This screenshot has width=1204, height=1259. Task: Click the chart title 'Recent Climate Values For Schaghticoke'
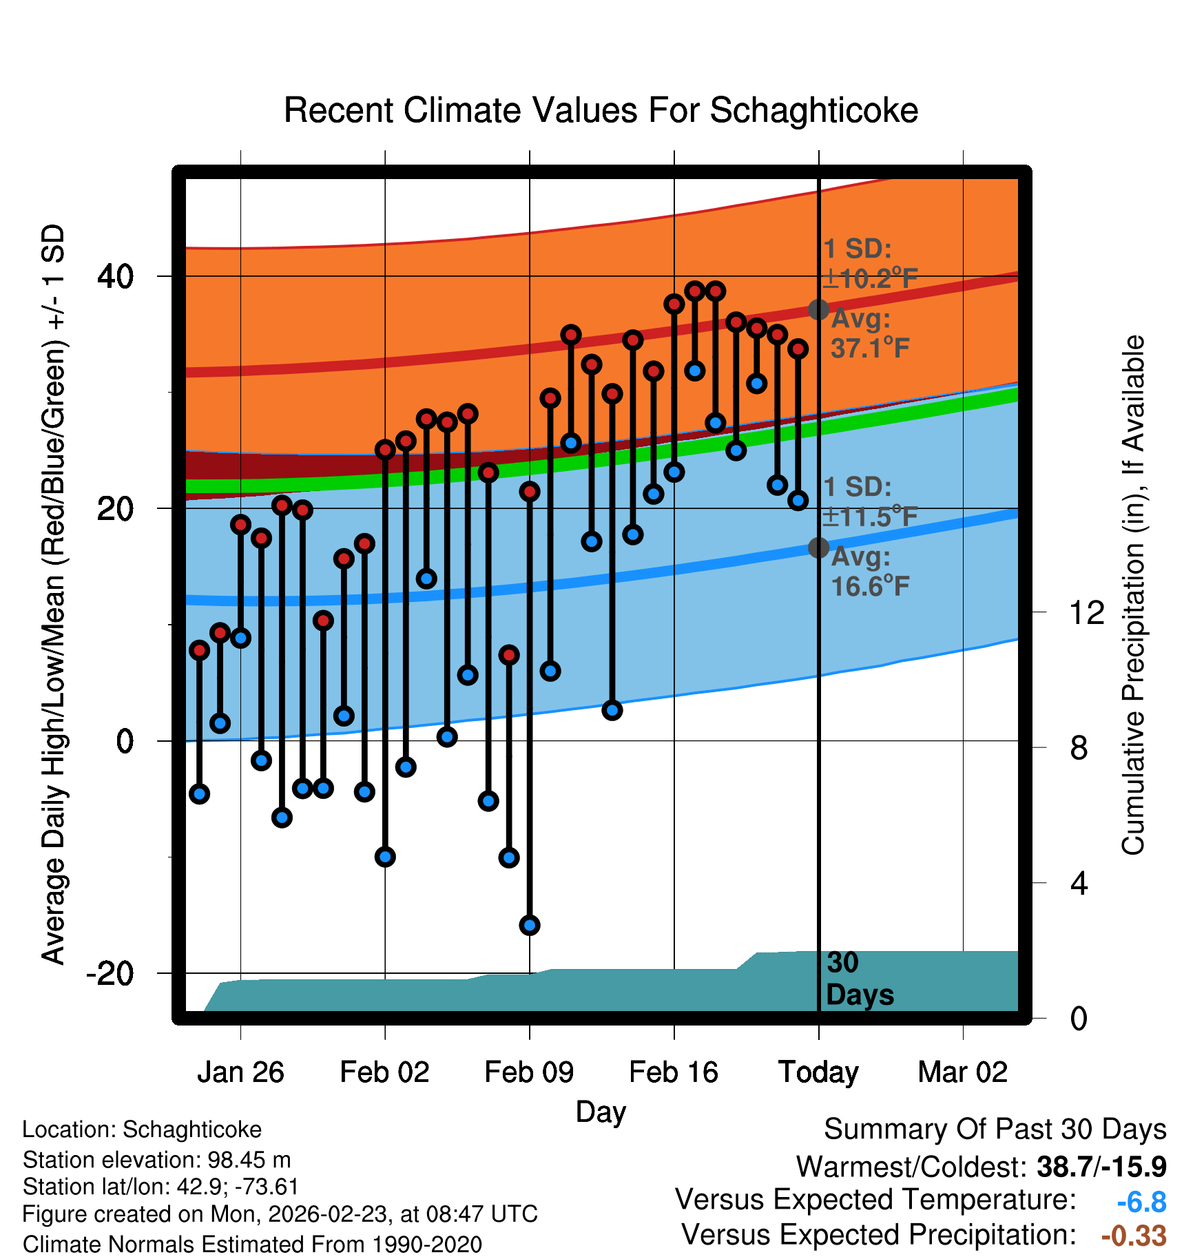pyautogui.click(x=601, y=110)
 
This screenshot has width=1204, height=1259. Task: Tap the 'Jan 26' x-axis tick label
pyautogui.click(x=240, y=1072)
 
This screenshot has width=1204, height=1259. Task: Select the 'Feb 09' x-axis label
pyautogui.click(x=529, y=1072)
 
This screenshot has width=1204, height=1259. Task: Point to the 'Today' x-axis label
pyautogui.click(x=818, y=1072)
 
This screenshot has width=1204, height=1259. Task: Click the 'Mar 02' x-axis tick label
pyautogui.click(x=963, y=1072)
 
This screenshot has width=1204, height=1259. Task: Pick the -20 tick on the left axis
pyautogui.click(x=110, y=973)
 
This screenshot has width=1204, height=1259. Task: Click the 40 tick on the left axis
pyautogui.click(x=116, y=276)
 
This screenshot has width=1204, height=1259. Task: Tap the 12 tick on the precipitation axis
pyautogui.click(x=1086, y=612)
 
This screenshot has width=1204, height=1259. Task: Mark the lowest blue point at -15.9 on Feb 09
pyautogui.click(x=530, y=925)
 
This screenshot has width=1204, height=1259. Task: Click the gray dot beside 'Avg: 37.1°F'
pyautogui.click(x=818, y=310)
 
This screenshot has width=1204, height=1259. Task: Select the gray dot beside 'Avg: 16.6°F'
pyautogui.click(x=818, y=548)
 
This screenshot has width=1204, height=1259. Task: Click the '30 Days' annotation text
pyautogui.click(x=859, y=979)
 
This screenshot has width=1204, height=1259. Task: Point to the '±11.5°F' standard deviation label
pyautogui.click(x=871, y=517)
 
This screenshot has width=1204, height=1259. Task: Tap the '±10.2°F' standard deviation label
pyautogui.click(x=871, y=279)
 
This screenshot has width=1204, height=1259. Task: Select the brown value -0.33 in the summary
pyautogui.click(x=1134, y=1236)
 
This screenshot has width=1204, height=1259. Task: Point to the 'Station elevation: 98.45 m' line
pyautogui.click(x=157, y=1160)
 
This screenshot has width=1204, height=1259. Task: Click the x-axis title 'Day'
pyautogui.click(x=601, y=1112)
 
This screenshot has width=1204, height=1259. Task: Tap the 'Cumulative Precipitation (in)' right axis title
pyautogui.click(x=1133, y=595)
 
